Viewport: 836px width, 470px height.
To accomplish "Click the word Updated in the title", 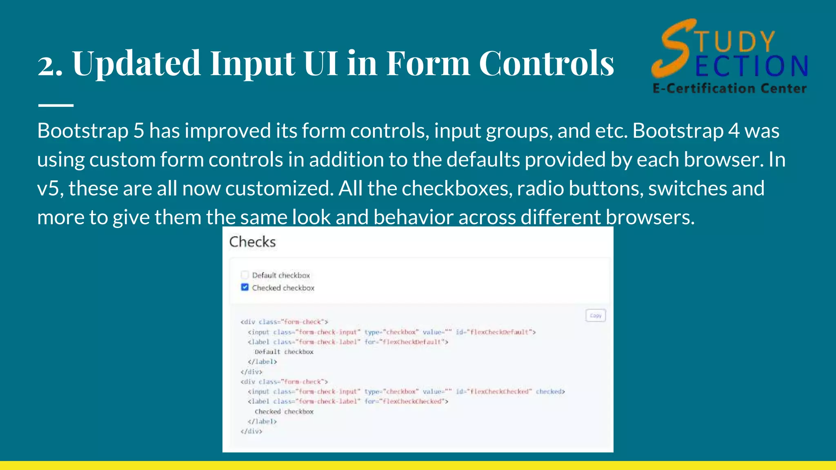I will point(136,63).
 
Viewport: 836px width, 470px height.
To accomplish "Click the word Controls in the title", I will point(546,63).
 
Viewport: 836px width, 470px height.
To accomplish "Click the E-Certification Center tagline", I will point(729,89).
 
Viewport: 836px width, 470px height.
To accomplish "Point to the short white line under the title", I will point(56,105).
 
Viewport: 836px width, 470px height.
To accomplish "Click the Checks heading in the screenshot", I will point(252,242).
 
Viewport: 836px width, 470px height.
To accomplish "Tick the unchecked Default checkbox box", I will point(245,275).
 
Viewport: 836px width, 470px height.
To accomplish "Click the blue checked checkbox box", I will point(245,287).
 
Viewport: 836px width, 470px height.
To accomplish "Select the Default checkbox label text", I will point(281,275).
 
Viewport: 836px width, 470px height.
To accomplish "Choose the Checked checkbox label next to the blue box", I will point(283,288).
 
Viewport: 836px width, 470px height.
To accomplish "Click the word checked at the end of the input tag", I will point(549,392).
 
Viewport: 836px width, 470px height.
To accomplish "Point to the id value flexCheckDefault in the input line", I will point(501,332).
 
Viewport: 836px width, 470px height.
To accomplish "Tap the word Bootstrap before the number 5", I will point(83,131).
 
